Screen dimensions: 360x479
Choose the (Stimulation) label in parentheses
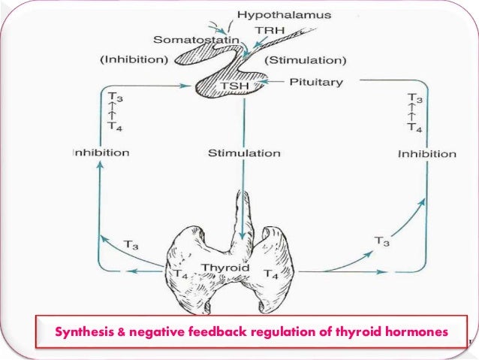[310, 60]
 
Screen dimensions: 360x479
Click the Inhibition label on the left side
[101, 153]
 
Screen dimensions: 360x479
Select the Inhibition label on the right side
[426, 154]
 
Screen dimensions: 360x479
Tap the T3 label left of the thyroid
[131, 245]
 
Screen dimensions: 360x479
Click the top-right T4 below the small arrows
[415, 127]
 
